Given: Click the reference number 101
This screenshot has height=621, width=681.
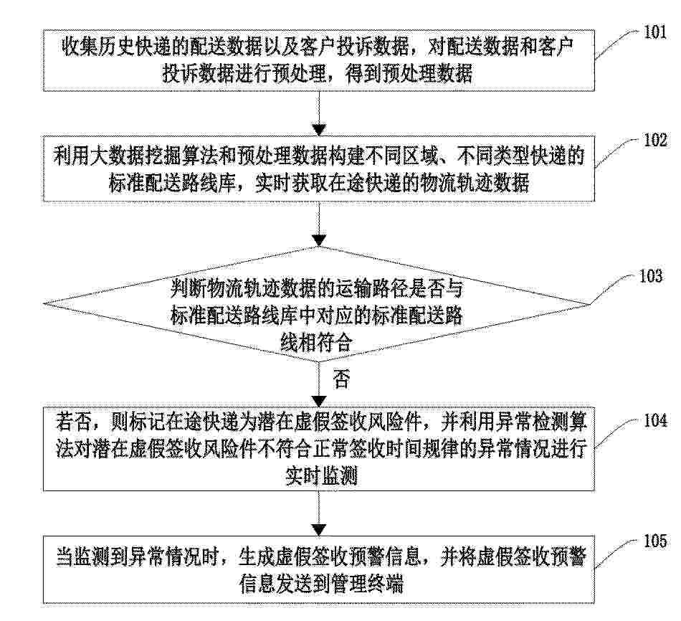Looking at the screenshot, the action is click(x=654, y=32).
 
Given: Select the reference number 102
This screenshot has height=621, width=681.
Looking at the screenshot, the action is click(x=654, y=141).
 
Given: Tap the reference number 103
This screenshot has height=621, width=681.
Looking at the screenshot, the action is click(x=651, y=276).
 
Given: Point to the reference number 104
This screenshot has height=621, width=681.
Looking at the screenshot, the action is click(x=654, y=420).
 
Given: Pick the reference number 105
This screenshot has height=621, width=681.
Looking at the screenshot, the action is click(x=654, y=541).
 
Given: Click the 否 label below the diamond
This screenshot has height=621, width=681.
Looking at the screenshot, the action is click(x=341, y=379).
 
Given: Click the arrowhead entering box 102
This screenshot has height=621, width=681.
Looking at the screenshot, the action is click(x=319, y=130).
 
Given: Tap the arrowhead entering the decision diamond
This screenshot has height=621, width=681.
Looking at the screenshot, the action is click(x=319, y=240).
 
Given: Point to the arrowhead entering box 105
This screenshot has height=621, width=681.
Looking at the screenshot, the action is click(x=319, y=530).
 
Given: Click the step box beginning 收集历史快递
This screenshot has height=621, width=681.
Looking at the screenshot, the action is click(x=319, y=60).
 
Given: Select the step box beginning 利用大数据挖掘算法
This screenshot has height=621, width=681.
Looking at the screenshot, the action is click(x=319, y=169).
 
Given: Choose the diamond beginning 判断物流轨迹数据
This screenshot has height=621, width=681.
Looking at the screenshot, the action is click(x=317, y=304).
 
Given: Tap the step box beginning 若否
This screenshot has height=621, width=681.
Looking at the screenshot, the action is click(x=319, y=450).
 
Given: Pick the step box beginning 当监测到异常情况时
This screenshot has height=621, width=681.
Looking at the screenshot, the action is click(x=319, y=569).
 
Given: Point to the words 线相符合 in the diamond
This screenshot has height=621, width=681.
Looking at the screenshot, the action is click(x=316, y=343).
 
